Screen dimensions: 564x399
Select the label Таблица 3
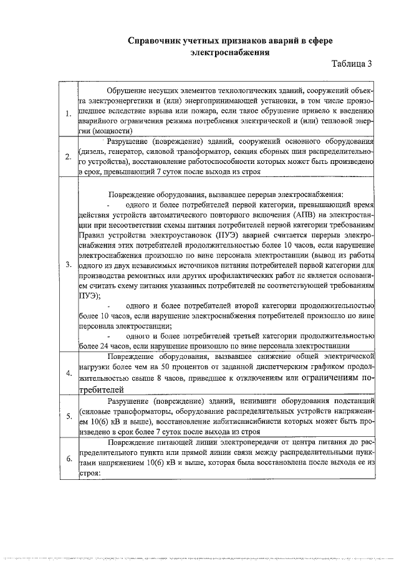coord(352,64)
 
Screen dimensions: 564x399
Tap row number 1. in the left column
coord(68,113)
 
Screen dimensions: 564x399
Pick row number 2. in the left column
coord(68,156)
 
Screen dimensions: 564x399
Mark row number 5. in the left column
coord(68,415)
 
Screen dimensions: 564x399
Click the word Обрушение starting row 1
coord(128,92)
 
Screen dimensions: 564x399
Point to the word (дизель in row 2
coord(94,151)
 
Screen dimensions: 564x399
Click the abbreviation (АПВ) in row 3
coord(304,216)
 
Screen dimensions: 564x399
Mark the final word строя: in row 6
coord(90,473)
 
